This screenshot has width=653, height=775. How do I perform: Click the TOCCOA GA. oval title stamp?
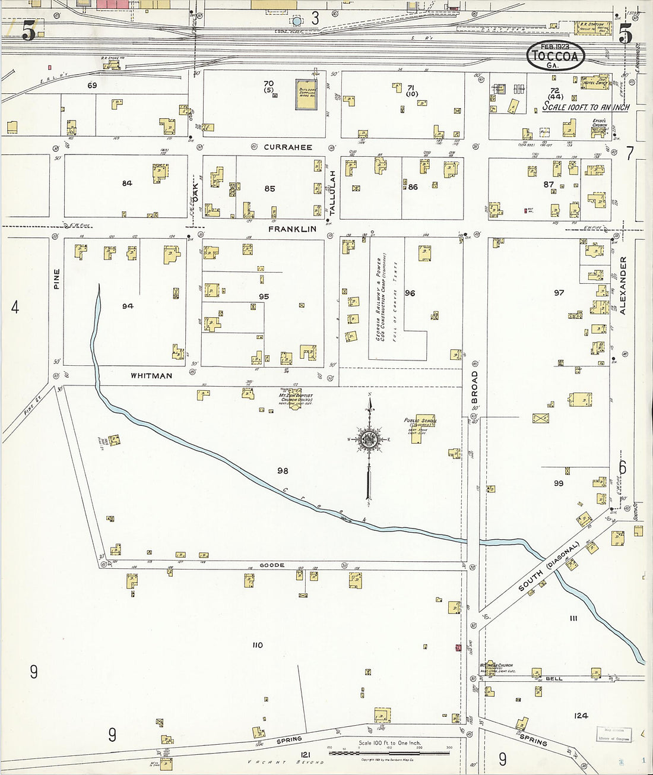click(x=556, y=56)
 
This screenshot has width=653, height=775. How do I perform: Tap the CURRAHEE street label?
click(x=288, y=147)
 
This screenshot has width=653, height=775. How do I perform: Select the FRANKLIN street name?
click(x=292, y=229)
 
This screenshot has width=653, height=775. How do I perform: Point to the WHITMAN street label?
click(x=151, y=375)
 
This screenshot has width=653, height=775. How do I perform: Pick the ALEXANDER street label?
click(x=623, y=285)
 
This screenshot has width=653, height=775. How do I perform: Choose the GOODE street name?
click(x=272, y=565)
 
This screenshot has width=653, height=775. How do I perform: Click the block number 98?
click(x=283, y=470)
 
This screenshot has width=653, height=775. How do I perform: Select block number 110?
click(x=257, y=645)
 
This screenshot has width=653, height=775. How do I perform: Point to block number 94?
click(x=128, y=306)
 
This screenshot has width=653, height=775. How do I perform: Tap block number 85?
click(x=270, y=189)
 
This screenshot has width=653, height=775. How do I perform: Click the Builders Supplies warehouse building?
click(x=306, y=94)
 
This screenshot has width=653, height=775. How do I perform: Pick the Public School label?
click(x=420, y=422)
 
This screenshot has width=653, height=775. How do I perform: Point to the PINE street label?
click(x=57, y=279)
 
